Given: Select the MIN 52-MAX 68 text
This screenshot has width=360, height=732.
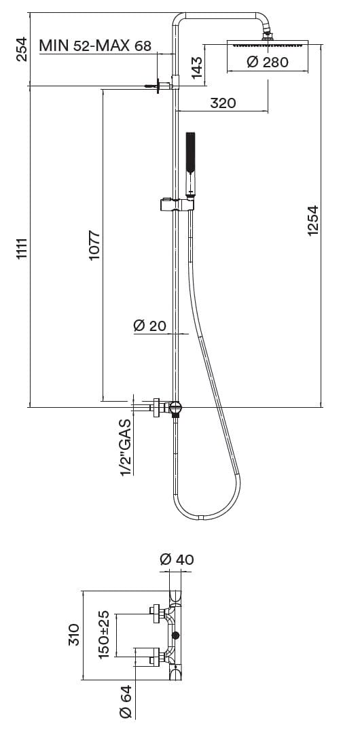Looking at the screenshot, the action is [95, 46].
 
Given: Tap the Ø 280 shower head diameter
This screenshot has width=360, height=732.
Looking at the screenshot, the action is [268, 62].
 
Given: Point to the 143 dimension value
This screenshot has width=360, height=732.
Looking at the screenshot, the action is [197, 68].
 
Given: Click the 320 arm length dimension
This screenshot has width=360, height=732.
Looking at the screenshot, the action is [223, 103].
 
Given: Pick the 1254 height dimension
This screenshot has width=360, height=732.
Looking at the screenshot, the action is [312, 220].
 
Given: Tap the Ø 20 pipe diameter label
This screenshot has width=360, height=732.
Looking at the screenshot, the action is [149, 326].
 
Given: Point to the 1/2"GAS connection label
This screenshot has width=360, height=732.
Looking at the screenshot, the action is [126, 447].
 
